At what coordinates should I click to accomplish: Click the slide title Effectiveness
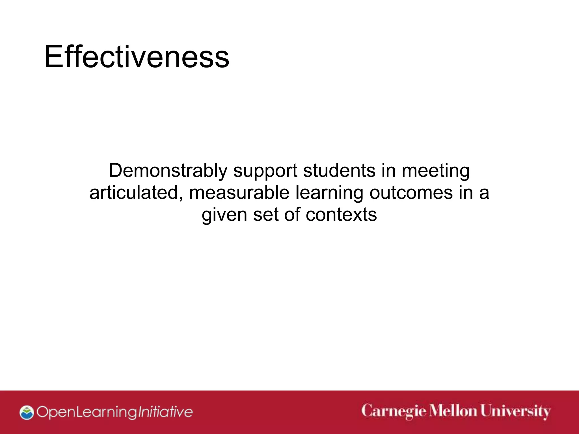[137, 57]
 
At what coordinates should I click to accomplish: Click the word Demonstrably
[168, 171]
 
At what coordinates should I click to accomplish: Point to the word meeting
[436, 171]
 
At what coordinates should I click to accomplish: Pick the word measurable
[239, 193]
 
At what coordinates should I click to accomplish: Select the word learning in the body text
[329, 193]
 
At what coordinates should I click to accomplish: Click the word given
[224, 215]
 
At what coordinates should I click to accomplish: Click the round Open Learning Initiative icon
[27, 412]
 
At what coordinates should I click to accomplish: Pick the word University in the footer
[515, 412]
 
